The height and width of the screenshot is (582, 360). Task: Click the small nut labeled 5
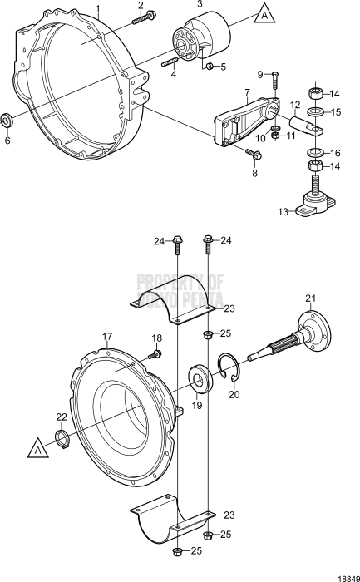tap(210, 66)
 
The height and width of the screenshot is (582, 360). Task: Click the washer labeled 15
tap(316, 111)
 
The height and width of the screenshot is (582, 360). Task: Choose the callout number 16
tap(336, 153)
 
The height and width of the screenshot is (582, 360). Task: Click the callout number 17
tap(106, 337)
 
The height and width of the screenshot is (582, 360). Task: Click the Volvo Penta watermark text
tap(180, 291)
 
